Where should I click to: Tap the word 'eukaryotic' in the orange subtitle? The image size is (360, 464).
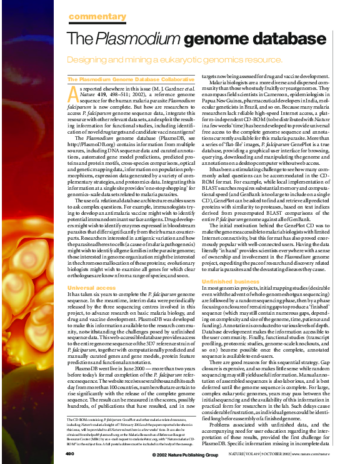pos(207,60)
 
